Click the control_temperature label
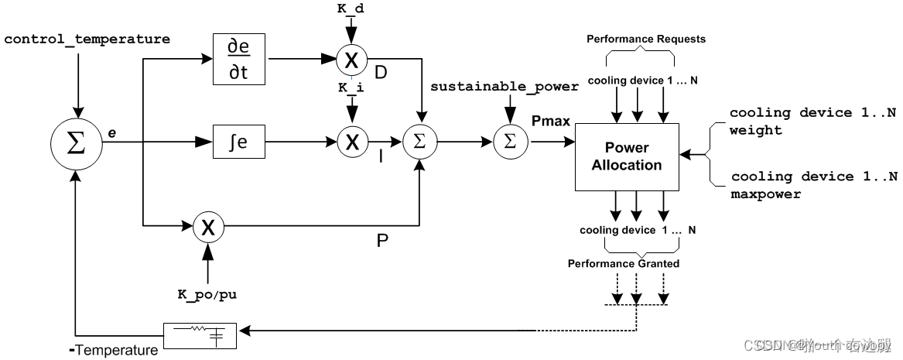point(87,39)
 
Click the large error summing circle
point(76,143)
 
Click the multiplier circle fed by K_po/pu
point(207,227)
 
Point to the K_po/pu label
point(207,295)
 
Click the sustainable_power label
point(504,87)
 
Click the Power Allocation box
point(627,156)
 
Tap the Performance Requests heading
point(645,39)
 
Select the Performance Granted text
point(623,264)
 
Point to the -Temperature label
point(114,351)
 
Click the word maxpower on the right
point(765,194)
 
